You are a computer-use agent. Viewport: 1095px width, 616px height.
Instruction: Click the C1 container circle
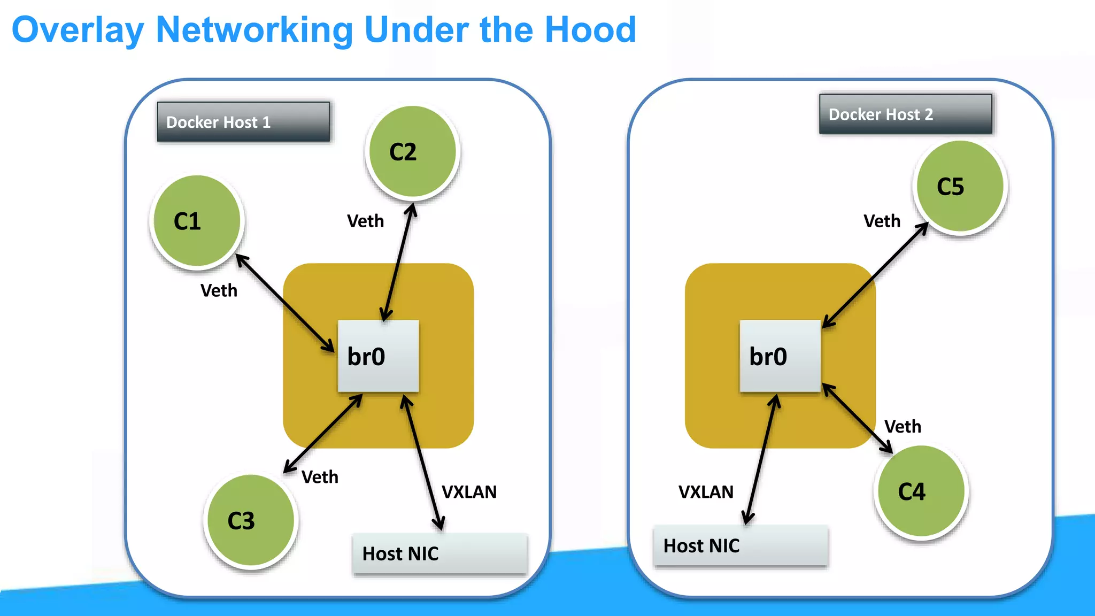[197, 221]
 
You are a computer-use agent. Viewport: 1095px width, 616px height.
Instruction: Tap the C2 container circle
[412, 152]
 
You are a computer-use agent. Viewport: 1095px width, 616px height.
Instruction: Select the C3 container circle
[250, 520]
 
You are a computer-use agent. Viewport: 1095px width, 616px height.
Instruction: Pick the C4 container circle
[921, 491]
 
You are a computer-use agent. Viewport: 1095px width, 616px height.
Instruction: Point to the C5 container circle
[960, 187]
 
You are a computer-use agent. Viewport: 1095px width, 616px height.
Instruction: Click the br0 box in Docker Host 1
[378, 356]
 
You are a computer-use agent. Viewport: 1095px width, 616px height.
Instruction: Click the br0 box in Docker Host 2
[780, 356]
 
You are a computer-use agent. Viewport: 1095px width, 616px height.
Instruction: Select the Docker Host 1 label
[243, 122]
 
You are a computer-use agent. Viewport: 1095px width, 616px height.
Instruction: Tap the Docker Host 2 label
[905, 114]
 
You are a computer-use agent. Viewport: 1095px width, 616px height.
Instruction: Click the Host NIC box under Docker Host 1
[439, 553]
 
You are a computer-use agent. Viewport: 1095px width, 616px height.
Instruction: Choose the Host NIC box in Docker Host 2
[741, 545]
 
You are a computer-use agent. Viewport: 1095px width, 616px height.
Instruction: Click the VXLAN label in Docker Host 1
[469, 492]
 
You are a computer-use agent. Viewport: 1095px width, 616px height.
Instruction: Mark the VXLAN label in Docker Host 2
[706, 492]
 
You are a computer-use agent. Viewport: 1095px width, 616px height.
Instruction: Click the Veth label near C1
[219, 290]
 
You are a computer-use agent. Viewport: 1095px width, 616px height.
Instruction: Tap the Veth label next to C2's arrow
[365, 221]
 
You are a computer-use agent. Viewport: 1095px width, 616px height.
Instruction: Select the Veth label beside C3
[320, 477]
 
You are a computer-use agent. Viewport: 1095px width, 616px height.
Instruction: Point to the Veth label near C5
[882, 221]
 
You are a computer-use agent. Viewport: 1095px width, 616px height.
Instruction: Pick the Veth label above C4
[903, 427]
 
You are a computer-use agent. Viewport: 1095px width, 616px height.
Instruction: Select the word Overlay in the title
[78, 30]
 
